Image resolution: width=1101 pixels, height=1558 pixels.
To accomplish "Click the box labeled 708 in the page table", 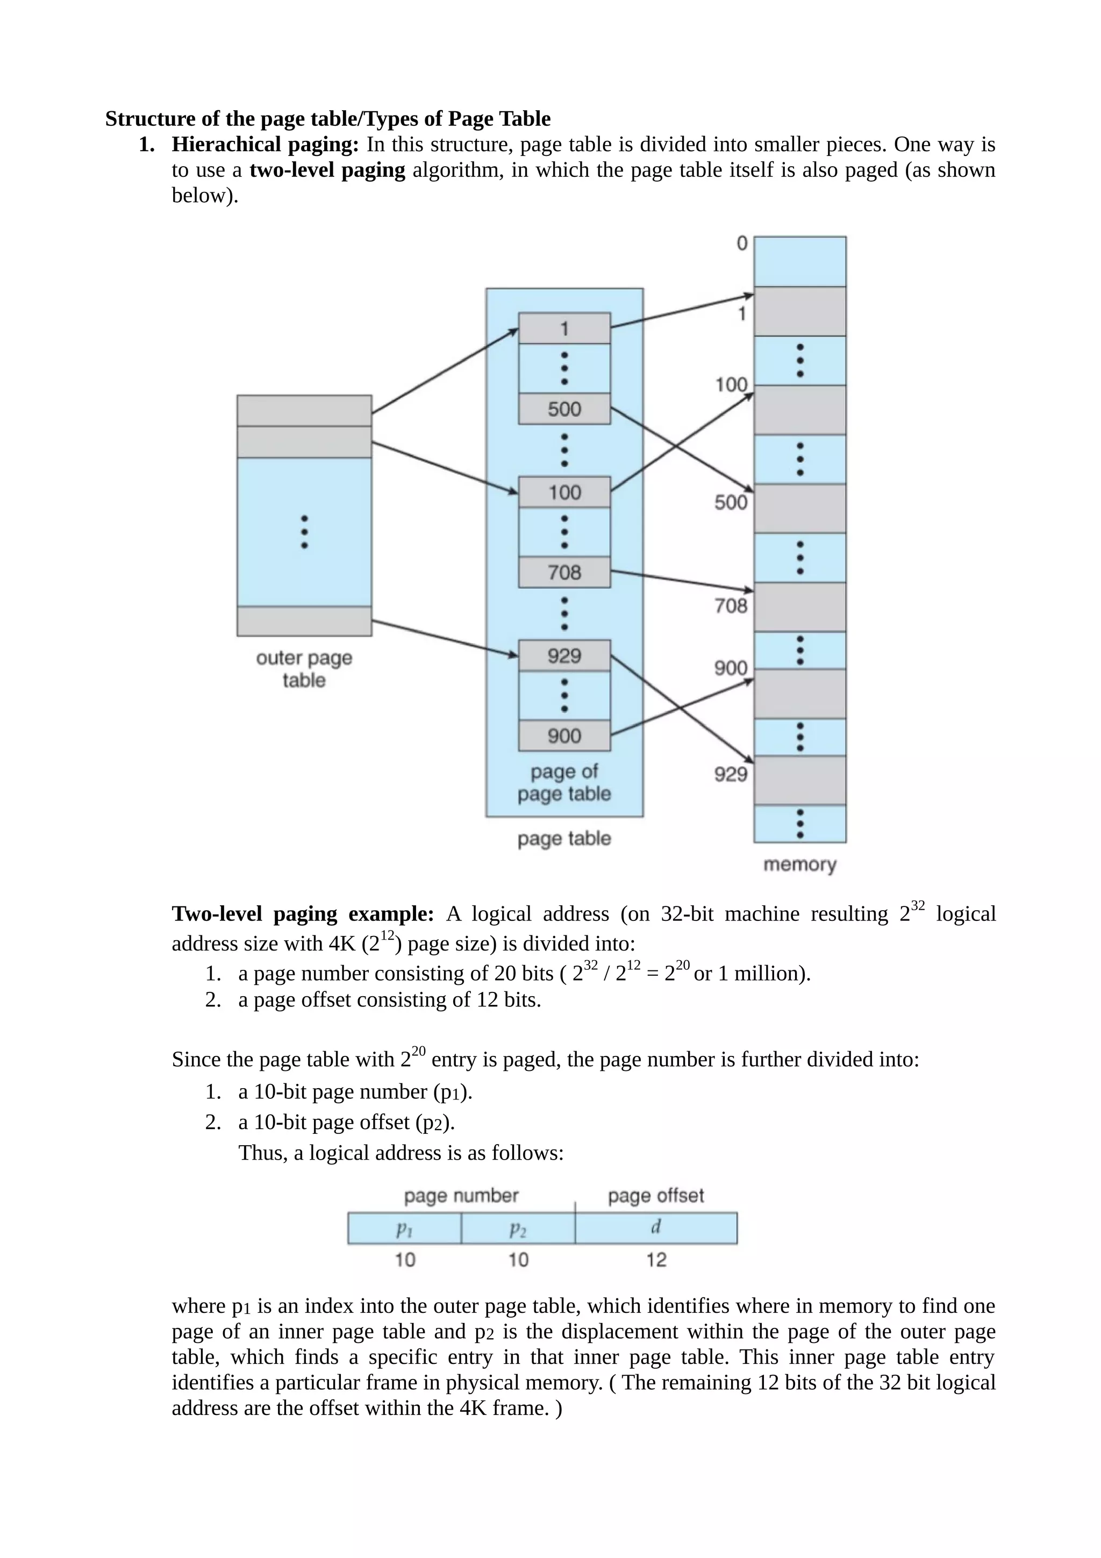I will click(x=564, y=573).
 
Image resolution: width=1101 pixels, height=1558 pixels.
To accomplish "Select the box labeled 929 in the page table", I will click(x=564, y=655).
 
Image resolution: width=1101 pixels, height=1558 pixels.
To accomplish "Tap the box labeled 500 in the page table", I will click(x=564, y=409).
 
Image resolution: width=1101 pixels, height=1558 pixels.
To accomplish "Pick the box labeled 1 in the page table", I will click(x=564, y=328).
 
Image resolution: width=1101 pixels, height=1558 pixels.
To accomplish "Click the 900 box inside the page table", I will click(x=564, y=735).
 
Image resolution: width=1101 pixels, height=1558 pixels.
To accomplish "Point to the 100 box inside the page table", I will click(x=564, y=492).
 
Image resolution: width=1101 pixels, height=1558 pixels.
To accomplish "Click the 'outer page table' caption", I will click(x=304, y=668).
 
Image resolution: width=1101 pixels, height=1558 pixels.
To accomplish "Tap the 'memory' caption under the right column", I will click(x=800, y=864).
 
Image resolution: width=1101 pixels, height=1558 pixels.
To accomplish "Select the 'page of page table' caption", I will click(x=564, y=782).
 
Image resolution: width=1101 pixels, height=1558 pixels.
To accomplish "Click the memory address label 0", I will click(x=742, y=243).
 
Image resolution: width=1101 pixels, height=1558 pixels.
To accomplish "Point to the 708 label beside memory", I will click(x=731, y=605).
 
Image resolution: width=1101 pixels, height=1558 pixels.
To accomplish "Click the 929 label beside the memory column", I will click(x=731, y=774).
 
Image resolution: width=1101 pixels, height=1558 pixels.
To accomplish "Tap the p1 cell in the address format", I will click(x=404, y=1227).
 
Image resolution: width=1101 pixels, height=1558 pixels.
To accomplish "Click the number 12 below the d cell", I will click(x=656, y=1260).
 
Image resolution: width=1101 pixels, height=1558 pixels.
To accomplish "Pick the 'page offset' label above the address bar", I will click(x=655, y=1196).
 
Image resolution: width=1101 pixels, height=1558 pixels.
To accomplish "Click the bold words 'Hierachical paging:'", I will click(x=264, y=145).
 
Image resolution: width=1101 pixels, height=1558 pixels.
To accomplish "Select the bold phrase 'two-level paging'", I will click(x=327, y=170).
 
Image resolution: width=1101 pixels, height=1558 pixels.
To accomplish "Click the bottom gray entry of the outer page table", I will click(x=304, y=621).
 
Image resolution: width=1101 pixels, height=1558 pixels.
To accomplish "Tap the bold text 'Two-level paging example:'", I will click(x=303, y=914).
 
